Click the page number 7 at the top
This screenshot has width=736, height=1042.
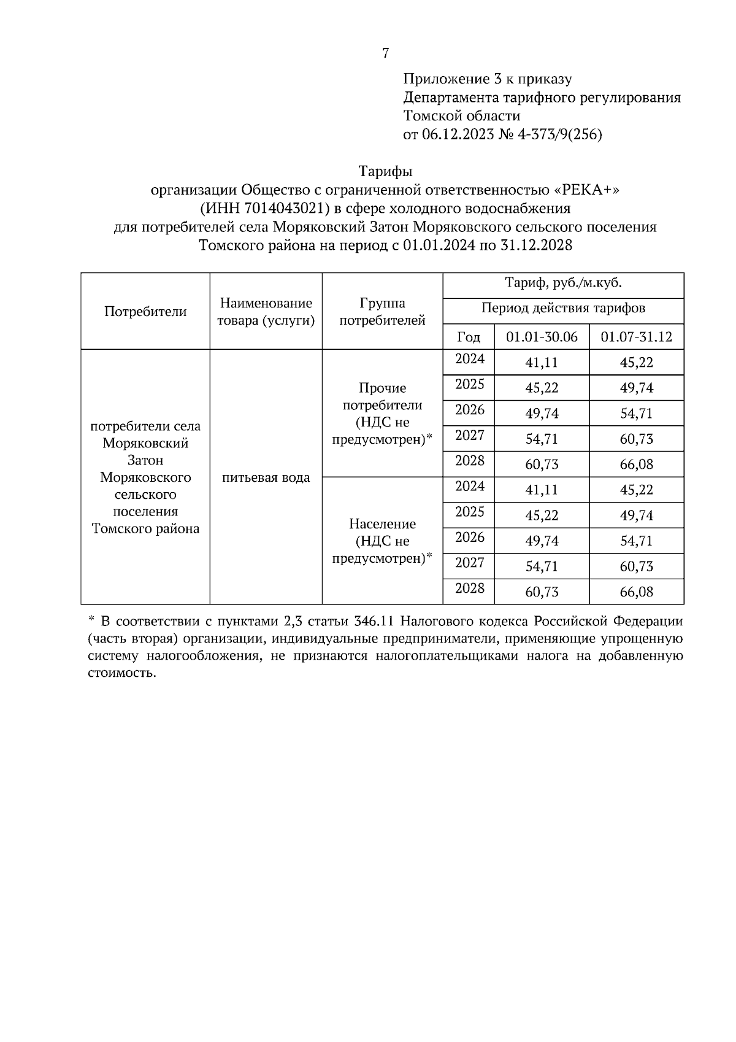(x=385, y=53)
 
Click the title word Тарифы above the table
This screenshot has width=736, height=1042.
(x=385, y=171)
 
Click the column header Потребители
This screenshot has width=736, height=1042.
(x=145, y=311)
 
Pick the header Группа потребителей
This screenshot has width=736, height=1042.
(x=382, y=311)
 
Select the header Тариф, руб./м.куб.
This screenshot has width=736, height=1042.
(x=563, y=284)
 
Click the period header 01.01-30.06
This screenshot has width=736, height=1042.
(x=542, y=337)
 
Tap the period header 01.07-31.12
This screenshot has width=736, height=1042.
(x=636, y=337)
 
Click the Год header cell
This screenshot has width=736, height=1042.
(x=469, y=337)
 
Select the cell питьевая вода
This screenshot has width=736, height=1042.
(x=266, y=477)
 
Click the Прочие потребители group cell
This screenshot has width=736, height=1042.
(x=382, y=414)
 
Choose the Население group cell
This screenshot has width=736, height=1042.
(x=382, y=541)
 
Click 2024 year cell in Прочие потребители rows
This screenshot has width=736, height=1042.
(x=469, y=359)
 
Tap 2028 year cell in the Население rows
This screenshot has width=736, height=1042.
(x=469, y=589)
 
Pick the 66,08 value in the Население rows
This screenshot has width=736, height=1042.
(x=636, y=592)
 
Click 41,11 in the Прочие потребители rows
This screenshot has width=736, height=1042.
(x=542, y=363)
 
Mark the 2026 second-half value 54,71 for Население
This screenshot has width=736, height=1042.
(x=636, y=541)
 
